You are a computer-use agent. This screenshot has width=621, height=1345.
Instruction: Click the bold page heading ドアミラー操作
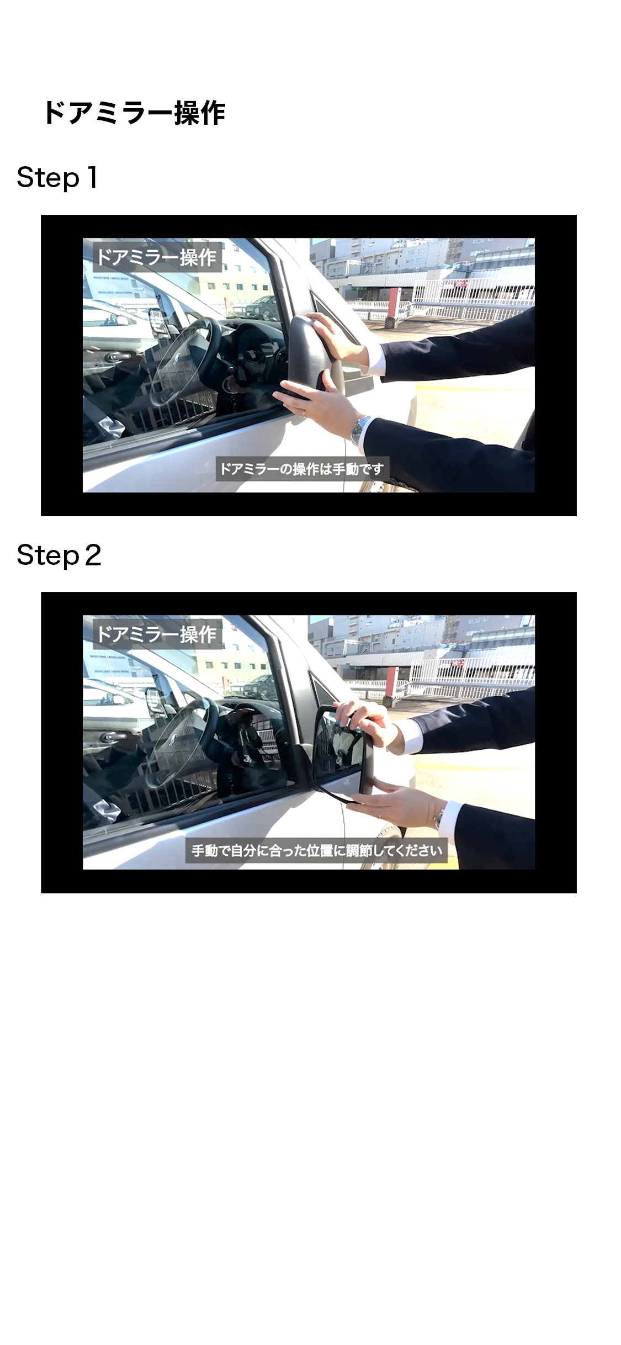[134, 113]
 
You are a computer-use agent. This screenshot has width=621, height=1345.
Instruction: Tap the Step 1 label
[57, 178]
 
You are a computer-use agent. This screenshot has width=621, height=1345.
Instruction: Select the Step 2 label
[59, 555]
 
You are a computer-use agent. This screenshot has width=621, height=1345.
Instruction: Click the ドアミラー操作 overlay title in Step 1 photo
[157, 257]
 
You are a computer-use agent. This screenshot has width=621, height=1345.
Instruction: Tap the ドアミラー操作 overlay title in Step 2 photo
[157, 634]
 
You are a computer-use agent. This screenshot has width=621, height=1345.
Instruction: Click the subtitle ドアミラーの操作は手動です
[302, 469]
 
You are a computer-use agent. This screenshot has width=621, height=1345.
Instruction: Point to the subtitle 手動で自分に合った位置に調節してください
[317, 850]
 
